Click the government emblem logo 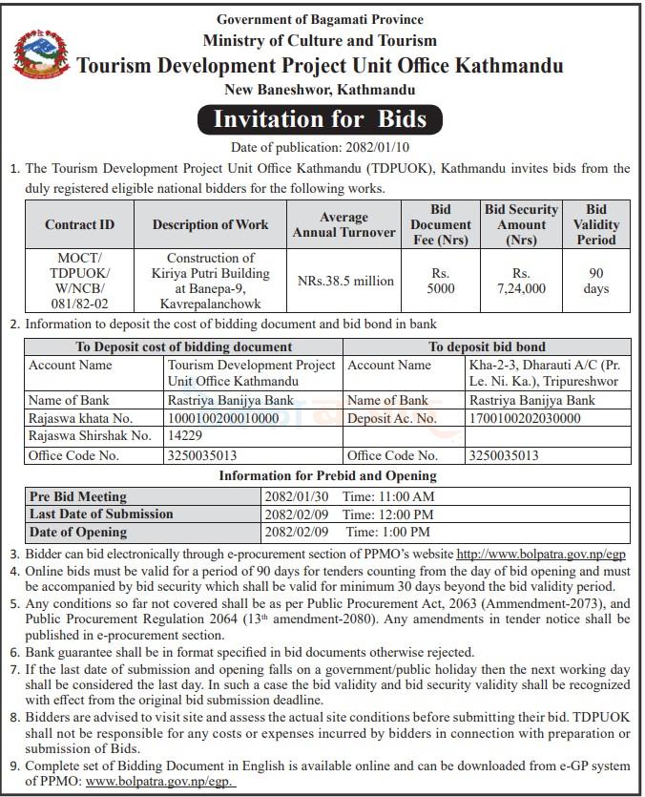[x=40, y=54]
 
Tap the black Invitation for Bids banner [x=321, y=120]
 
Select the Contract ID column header [x=79, y=225]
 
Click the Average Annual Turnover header [x=343, y=225]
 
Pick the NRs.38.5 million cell [x=344, y=281]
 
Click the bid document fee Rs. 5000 [x=440, y=281]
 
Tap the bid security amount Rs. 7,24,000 [x=521, y=281]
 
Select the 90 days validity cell [x=596, y=281]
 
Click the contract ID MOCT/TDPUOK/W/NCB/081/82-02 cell [x=79, y=281]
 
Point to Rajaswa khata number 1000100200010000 [x=223, y=418]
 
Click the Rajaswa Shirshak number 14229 [x=185, y=436]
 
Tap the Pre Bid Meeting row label [x=78, y=497]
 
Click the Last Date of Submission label [x=101, y=514]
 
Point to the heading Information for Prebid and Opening [x=327, y=475]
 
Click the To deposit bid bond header [x=487, y=346]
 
